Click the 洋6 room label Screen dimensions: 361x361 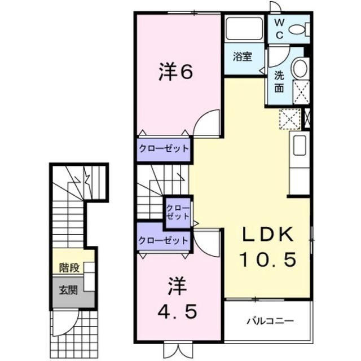(175, 72)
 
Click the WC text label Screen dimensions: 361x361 (279, 29)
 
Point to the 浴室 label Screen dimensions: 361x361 (242, 56)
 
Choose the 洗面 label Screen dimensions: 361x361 (279, 82)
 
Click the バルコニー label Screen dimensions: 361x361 (270, 321)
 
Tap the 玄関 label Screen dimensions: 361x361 (68, 290)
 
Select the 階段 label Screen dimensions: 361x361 (69, 268)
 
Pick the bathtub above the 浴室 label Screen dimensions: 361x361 (244, 29)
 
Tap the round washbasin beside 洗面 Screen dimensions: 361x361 (300, 68)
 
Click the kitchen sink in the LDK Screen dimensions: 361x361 (300, 146)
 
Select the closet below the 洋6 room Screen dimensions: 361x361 (164, 149)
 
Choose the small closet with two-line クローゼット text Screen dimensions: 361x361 (178, 213)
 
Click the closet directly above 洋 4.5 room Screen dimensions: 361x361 (164, 240)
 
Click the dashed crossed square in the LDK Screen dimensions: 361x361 (290, 119)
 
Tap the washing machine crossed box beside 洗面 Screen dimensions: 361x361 (301, 93)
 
